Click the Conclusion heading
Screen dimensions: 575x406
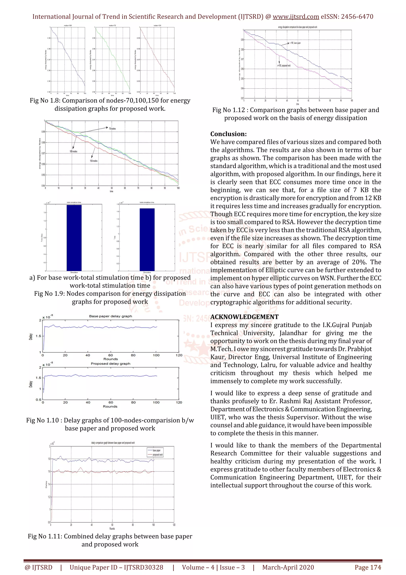(228, 134)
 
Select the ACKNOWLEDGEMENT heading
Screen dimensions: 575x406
(244, 317)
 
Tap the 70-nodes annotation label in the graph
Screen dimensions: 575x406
(112, 129)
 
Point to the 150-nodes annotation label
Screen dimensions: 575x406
(94, 161)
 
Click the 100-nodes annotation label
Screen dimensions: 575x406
(73, 151)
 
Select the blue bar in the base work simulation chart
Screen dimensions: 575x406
(74, 238)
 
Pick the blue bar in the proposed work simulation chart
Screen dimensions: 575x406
(147, 240)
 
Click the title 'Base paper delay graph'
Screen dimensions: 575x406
(110, 316)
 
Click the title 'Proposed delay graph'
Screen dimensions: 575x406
(110, 363)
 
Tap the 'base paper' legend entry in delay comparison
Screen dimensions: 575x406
(156, 450)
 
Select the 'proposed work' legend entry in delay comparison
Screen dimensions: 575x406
(157, 454)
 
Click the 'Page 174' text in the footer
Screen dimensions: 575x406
(368, 567)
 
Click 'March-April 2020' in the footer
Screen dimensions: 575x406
(288, 567)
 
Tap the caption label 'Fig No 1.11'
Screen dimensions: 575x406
(44, 536)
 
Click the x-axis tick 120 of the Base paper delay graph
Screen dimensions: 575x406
(179, 355)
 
